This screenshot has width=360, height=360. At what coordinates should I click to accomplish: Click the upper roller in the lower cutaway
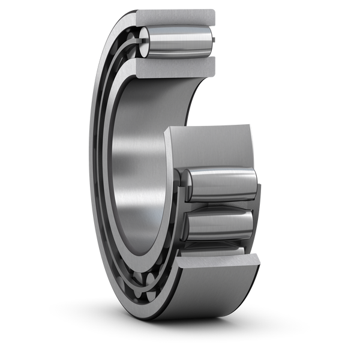(219, 183)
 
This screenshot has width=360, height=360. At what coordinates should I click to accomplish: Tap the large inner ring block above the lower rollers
(210, 147)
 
